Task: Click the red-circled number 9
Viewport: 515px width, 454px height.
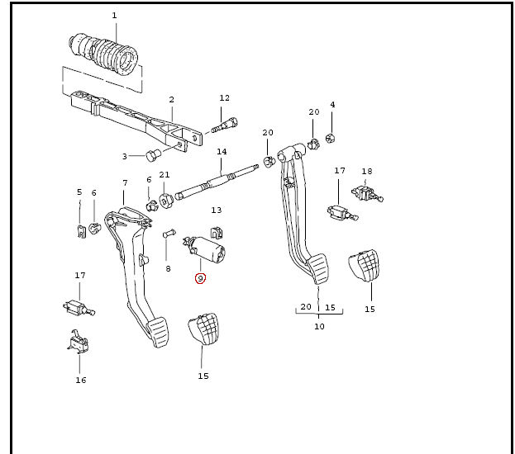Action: [199, 278]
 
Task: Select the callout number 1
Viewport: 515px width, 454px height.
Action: [114, 16]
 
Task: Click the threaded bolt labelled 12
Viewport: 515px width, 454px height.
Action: [224, 125]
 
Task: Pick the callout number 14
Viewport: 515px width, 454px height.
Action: [222, 151]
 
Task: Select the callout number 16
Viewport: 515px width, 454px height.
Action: [80, 381]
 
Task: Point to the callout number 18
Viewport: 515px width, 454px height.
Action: [367, 171]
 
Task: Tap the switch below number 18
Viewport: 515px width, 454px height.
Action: [366, 195]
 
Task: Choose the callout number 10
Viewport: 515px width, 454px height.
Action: [319, 326]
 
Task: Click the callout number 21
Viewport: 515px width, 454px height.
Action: [165, 174]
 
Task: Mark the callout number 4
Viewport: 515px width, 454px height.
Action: [332, 105]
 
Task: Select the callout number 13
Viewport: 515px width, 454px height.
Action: [217, 210]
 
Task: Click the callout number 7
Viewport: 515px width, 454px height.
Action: [125, 182]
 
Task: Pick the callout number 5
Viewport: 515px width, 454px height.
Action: [79, 193]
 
